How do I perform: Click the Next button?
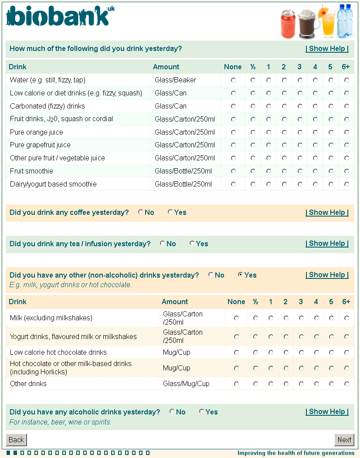[344, 440]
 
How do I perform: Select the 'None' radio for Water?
[234, 80]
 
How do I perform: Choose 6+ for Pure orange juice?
[346, 132]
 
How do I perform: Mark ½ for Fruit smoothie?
[253, 171]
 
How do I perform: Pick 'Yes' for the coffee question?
[170, 212]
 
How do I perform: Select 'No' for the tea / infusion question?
[162, 244]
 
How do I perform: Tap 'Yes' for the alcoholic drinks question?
[201, 412]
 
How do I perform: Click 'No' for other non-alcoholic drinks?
[211, 275]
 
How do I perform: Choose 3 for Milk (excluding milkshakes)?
[301, 318]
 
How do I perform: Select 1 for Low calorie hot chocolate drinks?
[271, 352]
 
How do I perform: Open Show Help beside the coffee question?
[327, 213]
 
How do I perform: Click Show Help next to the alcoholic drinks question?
[327, 412]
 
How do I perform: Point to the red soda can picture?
[288, 24]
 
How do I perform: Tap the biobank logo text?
[59, 17]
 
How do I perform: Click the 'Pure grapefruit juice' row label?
[40, 145]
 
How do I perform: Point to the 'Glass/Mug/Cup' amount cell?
[186, 384]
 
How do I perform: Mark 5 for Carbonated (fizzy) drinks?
[331, 106]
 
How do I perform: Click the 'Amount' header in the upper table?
[166, 67]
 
